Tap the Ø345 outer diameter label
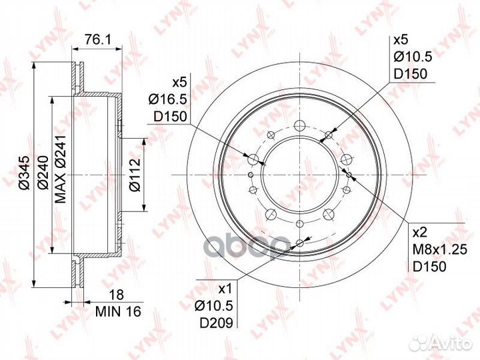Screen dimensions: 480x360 pos(24,173)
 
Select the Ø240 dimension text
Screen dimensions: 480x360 pos(43,173)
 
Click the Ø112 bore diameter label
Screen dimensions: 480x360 pos(135,175)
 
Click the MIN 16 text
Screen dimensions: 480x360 pos(118,311)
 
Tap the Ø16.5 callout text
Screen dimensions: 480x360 pos(167,99)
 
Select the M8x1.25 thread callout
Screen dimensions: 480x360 pos(439,250)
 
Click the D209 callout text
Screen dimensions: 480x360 pos(217,323)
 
